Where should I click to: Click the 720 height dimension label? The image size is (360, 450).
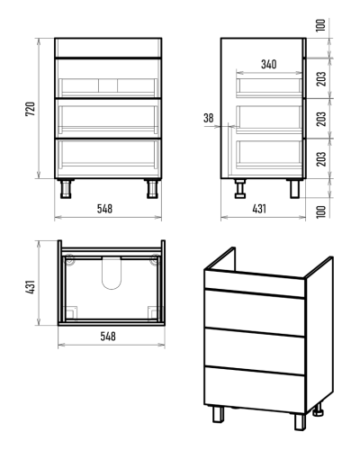[x=31, y=109]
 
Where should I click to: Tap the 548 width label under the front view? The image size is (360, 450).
[x=104, y=209]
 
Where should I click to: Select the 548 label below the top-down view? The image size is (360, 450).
[x=108, y=337]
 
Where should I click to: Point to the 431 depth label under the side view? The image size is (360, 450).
[x=259, y=209]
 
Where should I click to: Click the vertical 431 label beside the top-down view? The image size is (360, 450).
[x=31, y=287]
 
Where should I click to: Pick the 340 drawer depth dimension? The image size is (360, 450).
[x=268, y=64]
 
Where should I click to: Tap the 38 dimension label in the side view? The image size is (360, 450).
[x=209, y=118]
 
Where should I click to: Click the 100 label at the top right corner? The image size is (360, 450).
[x=321, y=25]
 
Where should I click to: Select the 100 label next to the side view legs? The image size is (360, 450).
[x=321, y=211]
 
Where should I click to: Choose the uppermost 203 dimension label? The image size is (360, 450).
[x=321, y=78]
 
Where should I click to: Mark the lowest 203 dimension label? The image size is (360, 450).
[x=321, y=159]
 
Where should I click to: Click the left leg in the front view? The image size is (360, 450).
[x=66, y=189]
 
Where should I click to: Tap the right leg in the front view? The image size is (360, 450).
[x=152, y=189]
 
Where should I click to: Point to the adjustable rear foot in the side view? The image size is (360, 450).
[x=240, y=189]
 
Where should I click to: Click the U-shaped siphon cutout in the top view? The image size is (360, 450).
[x=112, y=273]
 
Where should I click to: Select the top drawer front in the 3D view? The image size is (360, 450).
[x=255, y=312]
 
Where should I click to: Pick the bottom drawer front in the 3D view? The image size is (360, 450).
[x=255, y=390]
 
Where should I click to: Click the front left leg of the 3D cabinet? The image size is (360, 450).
[x=218, y=414]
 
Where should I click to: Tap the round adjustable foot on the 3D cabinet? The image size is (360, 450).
[x=318, y=409]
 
